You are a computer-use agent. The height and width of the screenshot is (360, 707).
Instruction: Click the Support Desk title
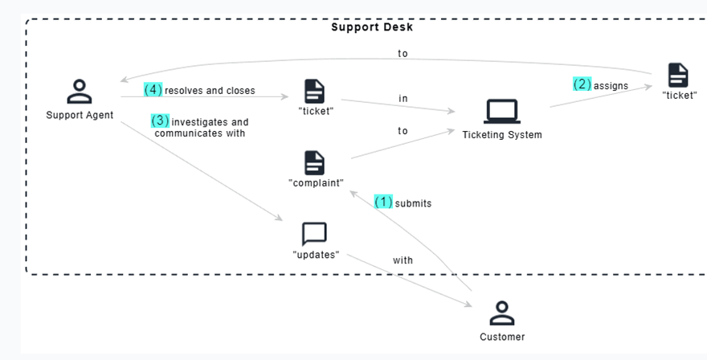coord(372,27)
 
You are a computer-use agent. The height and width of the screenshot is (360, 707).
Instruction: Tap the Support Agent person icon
coord(79,92)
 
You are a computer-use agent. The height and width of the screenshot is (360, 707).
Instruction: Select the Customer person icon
coord(501,313)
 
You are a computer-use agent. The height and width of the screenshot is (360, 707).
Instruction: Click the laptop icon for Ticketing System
coord(502,111)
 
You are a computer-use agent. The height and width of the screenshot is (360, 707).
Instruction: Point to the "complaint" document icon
coord(314,162)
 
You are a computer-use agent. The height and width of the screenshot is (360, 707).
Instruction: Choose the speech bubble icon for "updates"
coord(314,234)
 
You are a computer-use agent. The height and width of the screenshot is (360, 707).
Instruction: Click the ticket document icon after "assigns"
coord(678,75)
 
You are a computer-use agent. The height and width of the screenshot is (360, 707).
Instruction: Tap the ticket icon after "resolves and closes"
coord(314,91)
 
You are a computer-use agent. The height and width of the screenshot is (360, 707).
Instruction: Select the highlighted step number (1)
coord(383,202)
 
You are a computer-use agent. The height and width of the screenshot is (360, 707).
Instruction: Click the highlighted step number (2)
coord(582,84)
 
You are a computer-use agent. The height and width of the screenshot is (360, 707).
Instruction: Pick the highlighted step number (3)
coord(161,121)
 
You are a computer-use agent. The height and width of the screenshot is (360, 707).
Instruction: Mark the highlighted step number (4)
coord(153,90)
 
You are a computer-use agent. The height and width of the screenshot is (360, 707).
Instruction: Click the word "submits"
coord(413,203)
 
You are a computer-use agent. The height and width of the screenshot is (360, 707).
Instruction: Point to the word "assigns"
coord(611,86)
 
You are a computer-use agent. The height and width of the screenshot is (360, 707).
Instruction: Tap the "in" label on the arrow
coord(403,99)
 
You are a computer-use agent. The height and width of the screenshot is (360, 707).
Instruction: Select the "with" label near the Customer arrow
coord(403,260)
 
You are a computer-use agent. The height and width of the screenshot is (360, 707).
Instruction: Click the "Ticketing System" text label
coord(502,135)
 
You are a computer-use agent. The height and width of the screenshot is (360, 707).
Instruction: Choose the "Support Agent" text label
coord(80,115)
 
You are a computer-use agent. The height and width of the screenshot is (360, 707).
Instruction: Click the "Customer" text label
coord(502,337)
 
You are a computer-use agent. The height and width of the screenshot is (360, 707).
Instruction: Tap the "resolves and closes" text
coord(210,91)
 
